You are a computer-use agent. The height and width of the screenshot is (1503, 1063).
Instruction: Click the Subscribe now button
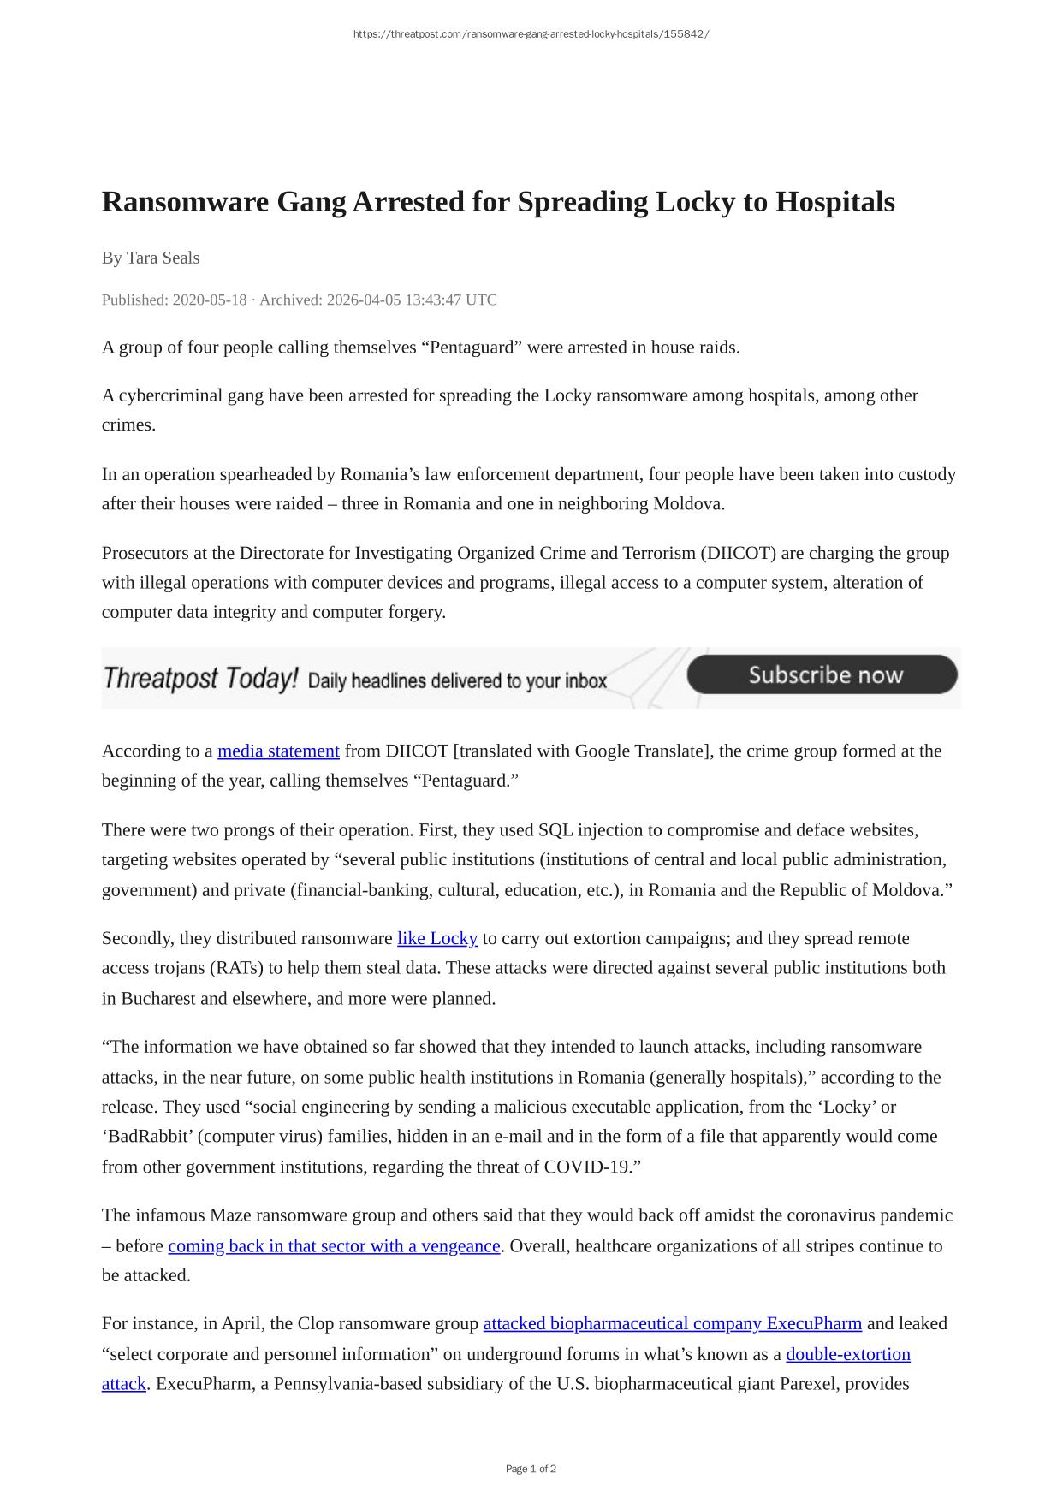tap(822, 675)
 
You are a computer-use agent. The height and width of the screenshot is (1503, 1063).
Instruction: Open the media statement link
tap(278, 751)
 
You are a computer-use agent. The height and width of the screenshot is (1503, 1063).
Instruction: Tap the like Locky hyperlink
tap(436, 939)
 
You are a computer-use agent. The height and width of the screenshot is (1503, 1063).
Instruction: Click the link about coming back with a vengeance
tap(334, 1246)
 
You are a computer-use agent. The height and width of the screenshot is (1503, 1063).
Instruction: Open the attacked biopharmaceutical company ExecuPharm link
tap(672, 1324)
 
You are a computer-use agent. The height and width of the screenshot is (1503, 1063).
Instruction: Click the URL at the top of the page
tap(531, 34)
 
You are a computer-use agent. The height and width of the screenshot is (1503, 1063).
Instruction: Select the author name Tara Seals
tap(163, 258)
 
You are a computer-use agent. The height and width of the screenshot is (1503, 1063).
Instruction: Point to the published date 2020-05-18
tap(209, 300)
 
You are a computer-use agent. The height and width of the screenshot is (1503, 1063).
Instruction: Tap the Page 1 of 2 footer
tap(531, 1469)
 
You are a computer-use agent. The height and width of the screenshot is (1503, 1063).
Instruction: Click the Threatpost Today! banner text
tap(200, 679)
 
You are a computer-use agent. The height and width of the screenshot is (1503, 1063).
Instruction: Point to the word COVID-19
tap(589, 1167)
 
